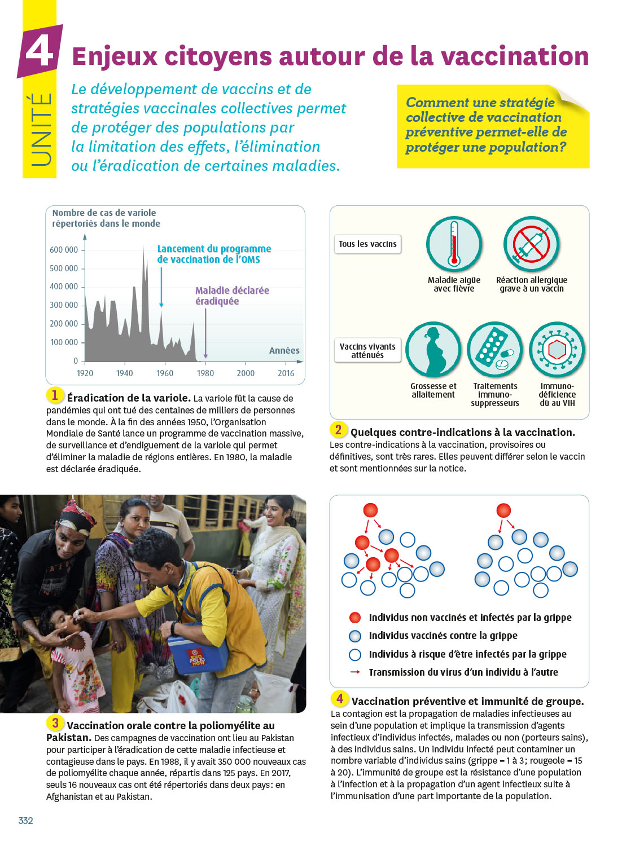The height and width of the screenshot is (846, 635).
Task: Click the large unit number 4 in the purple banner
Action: coord(40,51)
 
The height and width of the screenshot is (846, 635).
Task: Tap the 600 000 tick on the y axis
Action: coord(64,250)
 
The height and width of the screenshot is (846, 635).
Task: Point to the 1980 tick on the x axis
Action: coord(205,373)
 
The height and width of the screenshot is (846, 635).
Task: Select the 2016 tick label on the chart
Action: coord(286,373)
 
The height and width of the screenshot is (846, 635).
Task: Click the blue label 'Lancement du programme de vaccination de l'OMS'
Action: coord(214,254)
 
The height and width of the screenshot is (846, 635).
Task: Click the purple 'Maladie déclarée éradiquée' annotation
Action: coord(232,296)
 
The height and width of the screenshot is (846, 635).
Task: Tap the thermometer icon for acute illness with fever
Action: coord(454,244)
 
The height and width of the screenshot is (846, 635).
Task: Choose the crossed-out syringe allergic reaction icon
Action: coord(531,244)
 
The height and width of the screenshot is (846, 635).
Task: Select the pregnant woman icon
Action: coord(433,350)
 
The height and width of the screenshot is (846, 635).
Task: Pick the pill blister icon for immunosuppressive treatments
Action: coord(495,350)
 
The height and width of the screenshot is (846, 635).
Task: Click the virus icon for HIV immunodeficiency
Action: coord(557,350)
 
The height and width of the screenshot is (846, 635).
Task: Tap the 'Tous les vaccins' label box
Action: coord(367,244)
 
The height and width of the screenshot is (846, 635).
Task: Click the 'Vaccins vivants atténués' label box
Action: coord(367,350)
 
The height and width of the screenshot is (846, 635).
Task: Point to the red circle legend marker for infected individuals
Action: coord(355,618)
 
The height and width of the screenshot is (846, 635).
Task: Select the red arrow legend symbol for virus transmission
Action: coord(355,672)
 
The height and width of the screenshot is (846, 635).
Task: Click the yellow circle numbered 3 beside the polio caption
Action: coord(55,723)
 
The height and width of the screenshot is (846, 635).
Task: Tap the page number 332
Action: coord(26,821)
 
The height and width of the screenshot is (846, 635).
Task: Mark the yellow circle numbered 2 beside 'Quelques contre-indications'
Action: coord(338,430)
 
